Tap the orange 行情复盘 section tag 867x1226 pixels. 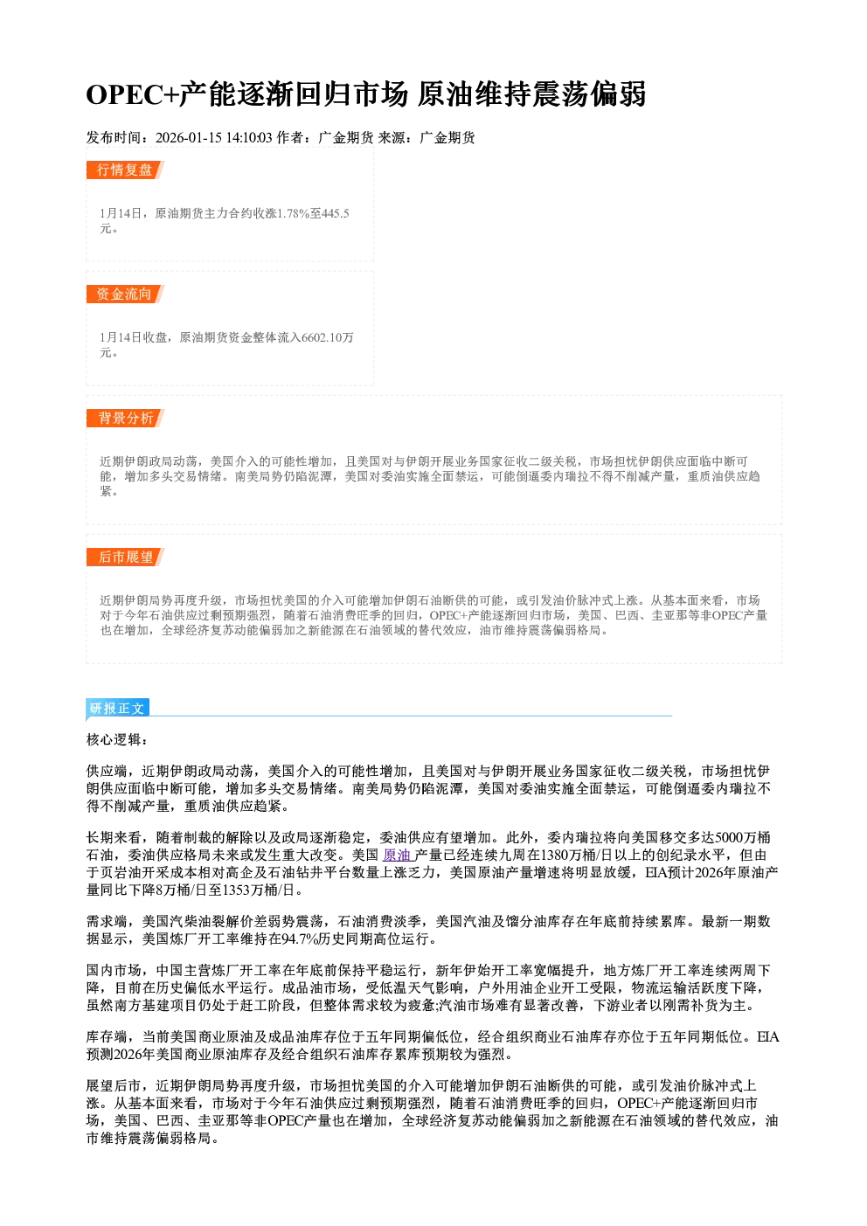125,170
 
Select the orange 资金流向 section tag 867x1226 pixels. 125,294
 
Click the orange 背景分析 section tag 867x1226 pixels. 125,419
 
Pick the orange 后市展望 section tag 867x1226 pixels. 125,558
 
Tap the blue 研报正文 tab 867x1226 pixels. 117,708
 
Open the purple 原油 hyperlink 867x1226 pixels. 398,855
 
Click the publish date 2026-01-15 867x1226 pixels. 189,137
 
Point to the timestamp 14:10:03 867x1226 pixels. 249,137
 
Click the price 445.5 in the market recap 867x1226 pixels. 336,213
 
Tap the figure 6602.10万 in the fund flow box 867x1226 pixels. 328,337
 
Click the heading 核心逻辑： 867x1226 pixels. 117,740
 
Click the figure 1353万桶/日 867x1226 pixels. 263,890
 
